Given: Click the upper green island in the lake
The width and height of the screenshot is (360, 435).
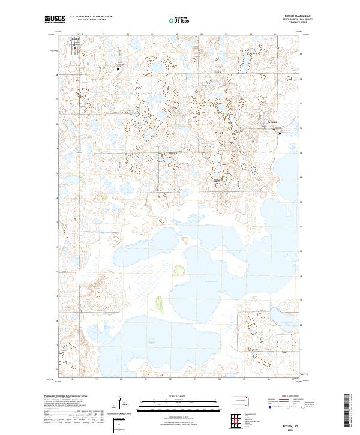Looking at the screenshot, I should [x=178, y=271].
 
